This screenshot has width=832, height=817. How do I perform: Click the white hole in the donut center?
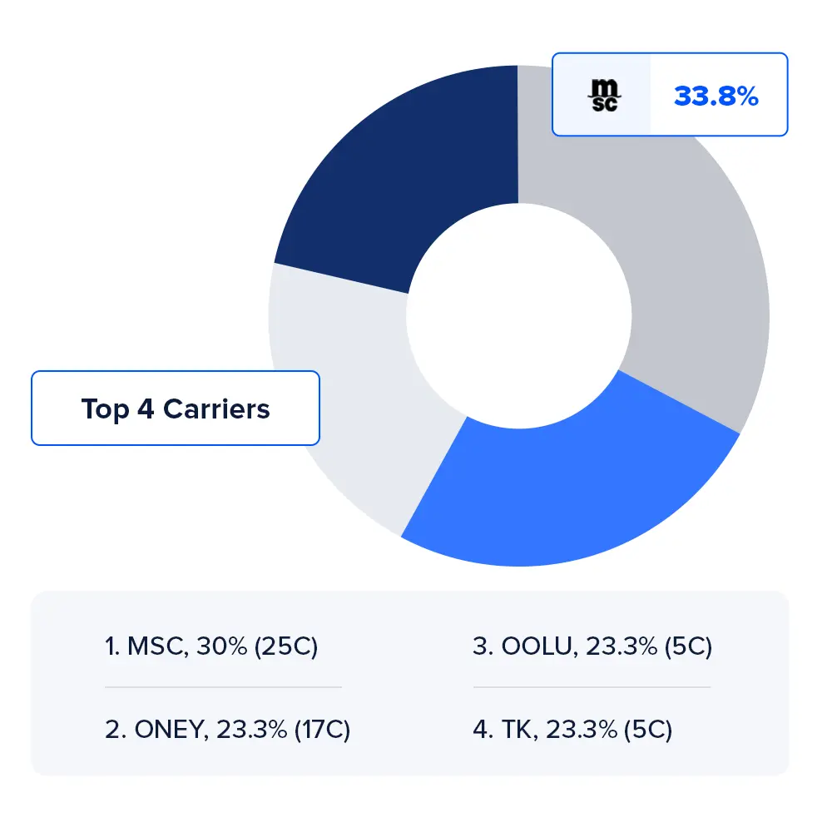click(x=518, y=316)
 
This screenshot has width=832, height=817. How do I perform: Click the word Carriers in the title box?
click(x=216, y=408)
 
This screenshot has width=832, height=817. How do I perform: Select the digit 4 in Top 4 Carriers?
click(x=145, y=408)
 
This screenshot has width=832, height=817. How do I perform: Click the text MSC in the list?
click(x=158, y=646)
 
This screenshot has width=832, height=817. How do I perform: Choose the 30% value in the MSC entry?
click(x=221, y=646)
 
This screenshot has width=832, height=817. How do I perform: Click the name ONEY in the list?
click(x=170, y=730)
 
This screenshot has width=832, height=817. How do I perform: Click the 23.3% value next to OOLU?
click(x=620, y=646)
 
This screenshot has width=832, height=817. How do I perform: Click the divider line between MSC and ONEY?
click(x=223, y=687)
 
